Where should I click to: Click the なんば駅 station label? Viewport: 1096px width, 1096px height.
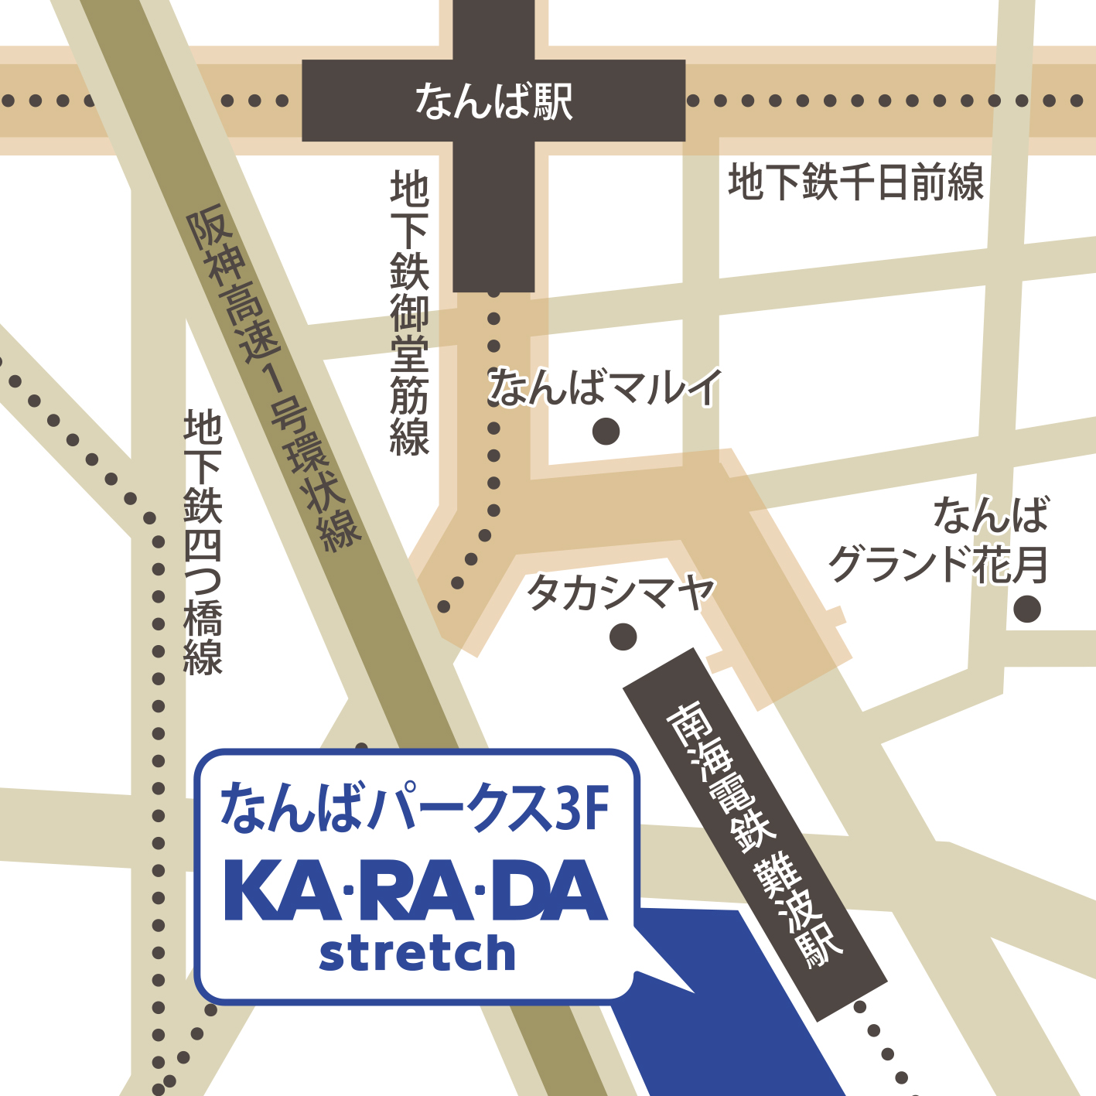[493, 102]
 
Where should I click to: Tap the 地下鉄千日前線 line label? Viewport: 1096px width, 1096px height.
[855, 183]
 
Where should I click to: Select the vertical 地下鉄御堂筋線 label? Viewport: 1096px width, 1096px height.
[409, 313]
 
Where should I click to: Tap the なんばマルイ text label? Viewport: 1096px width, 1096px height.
[605, 387]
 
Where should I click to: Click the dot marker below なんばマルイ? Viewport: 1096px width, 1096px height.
[606, 431]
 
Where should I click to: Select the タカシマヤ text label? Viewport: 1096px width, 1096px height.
[620, 593]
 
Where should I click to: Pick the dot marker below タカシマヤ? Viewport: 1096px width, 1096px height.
[623, 637]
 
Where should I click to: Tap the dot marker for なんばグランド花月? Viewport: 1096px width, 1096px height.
[1027, 609]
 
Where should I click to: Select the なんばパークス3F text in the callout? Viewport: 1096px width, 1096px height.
[415, 807]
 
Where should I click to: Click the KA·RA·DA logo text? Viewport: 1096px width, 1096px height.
[415, 891]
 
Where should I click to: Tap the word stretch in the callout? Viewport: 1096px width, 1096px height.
[417, 953]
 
